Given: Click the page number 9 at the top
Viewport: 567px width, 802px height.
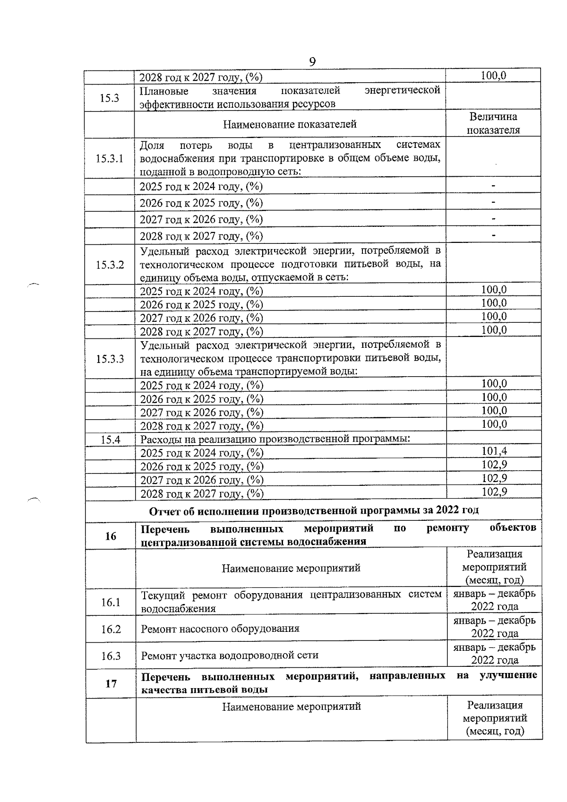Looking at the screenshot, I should pos(312,62).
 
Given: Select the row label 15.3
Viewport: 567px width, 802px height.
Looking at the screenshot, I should pos(109,98).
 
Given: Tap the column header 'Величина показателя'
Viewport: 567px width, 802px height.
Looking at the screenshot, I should pos(493,123).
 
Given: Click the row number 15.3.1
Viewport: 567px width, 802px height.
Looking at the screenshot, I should pos(109,158).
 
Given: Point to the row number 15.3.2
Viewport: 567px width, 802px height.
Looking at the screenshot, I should pos(110,265).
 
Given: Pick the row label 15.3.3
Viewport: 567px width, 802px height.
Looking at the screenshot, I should pos(110,359).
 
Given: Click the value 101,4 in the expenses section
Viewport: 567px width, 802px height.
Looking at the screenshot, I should pos(494,451).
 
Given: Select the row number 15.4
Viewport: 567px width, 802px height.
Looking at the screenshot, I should pos(111,440).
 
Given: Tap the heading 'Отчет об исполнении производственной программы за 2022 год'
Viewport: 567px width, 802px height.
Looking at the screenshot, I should pos(314,510).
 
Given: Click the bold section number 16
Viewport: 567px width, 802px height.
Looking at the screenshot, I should pos(111,536).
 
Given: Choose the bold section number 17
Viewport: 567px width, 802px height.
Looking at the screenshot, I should pos(111,683).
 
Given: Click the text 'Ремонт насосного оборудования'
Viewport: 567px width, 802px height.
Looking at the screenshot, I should pos(220,629).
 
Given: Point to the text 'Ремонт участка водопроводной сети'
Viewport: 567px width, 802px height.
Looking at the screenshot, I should pos(230,655).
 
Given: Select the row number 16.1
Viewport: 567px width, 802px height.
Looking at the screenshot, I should pos(111,602).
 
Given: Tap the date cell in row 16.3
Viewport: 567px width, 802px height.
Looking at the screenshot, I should pos(494,654).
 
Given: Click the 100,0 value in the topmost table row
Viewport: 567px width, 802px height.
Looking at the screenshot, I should pos(493,76).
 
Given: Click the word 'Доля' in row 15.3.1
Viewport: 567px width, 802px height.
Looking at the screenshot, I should pos(152,145).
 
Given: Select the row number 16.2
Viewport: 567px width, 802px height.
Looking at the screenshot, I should pos(111,629).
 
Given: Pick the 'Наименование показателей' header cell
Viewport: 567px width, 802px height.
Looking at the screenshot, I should pos(290,124).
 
